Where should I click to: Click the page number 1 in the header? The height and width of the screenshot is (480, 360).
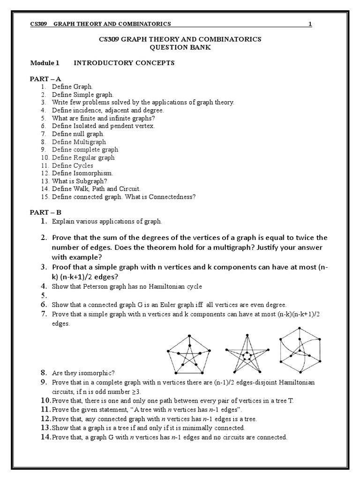pyautogui.click(x=310, y=24)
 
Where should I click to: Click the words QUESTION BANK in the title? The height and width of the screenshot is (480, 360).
pyautogui.click(x=180, y=48)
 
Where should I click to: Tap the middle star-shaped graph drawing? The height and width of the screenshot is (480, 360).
pyautogui.click(x=246, y=354)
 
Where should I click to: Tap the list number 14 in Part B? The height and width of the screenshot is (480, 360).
pyautogui.click(x=45, y=437)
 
